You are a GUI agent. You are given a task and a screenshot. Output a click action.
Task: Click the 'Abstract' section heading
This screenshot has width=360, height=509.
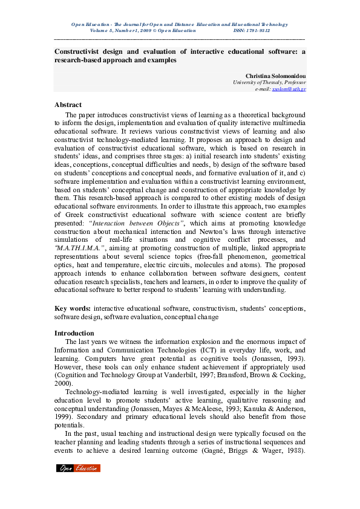click(x=68, y=105)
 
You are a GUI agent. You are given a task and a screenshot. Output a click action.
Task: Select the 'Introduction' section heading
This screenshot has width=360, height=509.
click(x=74, y=332)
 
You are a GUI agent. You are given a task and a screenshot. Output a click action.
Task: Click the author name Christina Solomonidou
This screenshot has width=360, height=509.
click(x=275, y=76)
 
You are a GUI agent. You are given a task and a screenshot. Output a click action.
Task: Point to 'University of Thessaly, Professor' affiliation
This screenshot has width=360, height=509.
click(x=269, y=82)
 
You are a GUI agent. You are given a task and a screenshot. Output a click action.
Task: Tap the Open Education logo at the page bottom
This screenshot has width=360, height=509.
click(x=78, y=468)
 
